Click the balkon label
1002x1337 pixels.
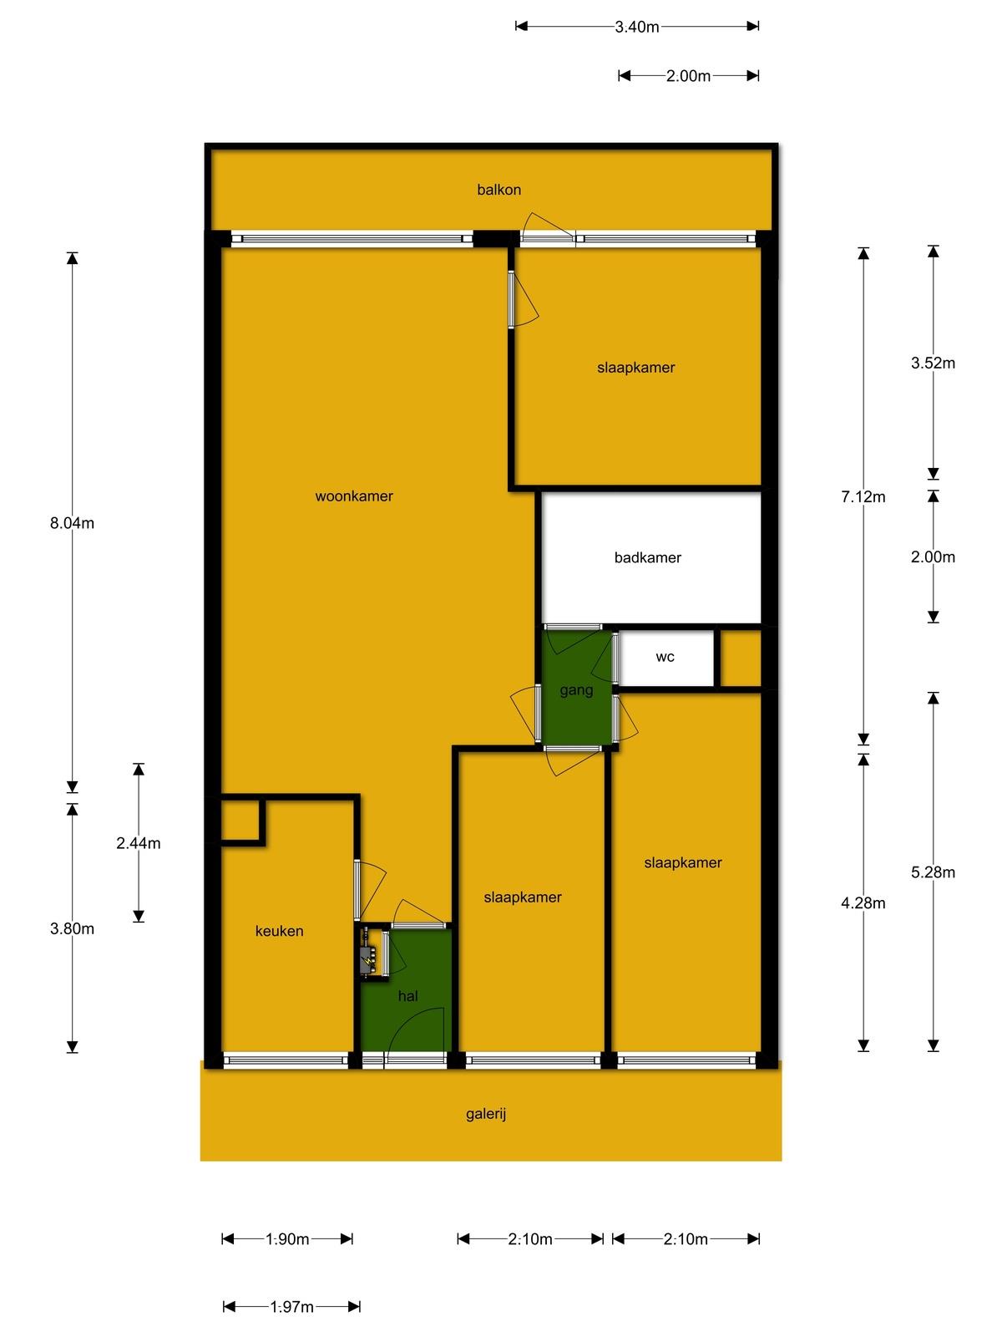[498, 190]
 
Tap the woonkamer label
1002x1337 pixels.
[353, 496]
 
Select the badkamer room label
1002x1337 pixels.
[647, 557]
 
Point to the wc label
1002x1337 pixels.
[665, 658]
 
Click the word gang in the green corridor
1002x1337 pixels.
[575, 691]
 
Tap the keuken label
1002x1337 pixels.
[279, 931]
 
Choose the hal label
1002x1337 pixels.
[407, 996]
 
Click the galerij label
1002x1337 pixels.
[485, 1114]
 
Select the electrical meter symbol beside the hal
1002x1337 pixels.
[368, 962]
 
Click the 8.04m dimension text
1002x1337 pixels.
[72, 523]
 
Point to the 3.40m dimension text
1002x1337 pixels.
[636, 27]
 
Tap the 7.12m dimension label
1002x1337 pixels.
[863, 497]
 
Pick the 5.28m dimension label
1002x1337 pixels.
[933, 872]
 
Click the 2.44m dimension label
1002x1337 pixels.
[138, 843]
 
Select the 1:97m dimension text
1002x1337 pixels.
[291, 1307]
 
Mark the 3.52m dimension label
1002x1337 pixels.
[933, 363]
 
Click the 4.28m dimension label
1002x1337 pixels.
[863, 902]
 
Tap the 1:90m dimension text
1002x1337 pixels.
[287, 1238]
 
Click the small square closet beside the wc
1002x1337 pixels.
[741, 658]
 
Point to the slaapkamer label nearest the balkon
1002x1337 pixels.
[635, 368]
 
